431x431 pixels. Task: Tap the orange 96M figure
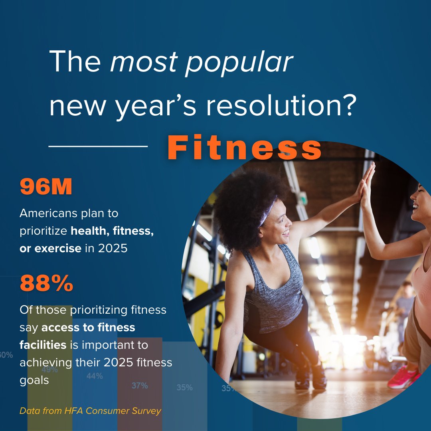click(x=46, y=188)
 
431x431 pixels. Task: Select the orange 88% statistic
click(x=46, y=284)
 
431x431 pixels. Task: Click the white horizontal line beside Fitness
click(x=98, y=146)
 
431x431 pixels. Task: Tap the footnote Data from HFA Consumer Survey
click(x=90, y=411)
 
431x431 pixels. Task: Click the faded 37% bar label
click(x=140, y=386)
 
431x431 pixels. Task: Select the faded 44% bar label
click(x=95, y=376)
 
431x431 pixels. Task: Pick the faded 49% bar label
click(x=50, y=370)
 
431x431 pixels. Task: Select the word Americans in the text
click(x=49, y=213)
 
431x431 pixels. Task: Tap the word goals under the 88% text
click(x=34, y=380)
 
